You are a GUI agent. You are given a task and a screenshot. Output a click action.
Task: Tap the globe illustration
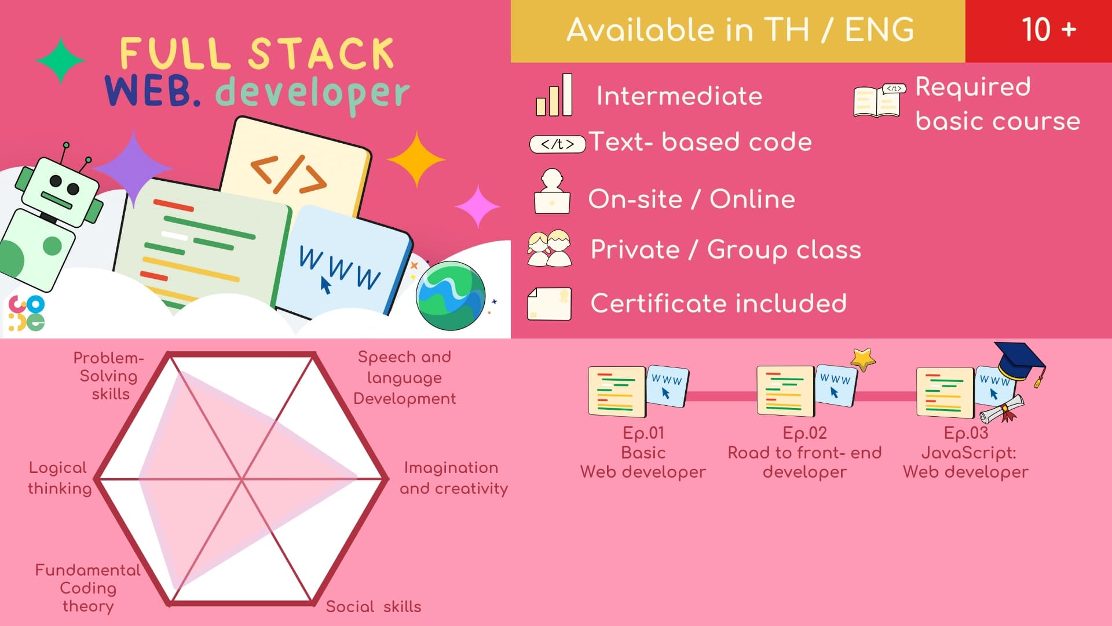point(451,296)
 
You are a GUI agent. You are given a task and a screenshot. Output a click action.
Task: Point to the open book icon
point(879,100)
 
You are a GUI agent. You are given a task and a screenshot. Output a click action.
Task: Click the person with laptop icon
point(552,191)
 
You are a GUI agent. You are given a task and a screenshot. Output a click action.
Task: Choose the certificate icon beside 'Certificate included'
point(549,304)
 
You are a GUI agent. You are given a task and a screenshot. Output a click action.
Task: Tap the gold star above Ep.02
point(863,359)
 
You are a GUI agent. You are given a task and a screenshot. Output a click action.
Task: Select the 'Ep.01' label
point(643,433)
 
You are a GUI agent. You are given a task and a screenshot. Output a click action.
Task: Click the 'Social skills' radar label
point(374,606)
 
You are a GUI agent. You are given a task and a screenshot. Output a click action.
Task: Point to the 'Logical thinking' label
point(60,478)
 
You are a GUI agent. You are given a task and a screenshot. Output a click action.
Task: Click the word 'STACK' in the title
point(322,54)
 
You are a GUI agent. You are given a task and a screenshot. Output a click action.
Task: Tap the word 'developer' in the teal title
point(313,93)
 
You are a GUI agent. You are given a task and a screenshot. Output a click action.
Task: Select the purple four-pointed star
point(133,169)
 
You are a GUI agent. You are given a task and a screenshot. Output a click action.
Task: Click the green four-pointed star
point(60,60)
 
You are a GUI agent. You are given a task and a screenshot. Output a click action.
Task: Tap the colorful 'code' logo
point(27,313)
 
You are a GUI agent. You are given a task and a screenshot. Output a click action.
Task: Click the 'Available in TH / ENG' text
point(740,30)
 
